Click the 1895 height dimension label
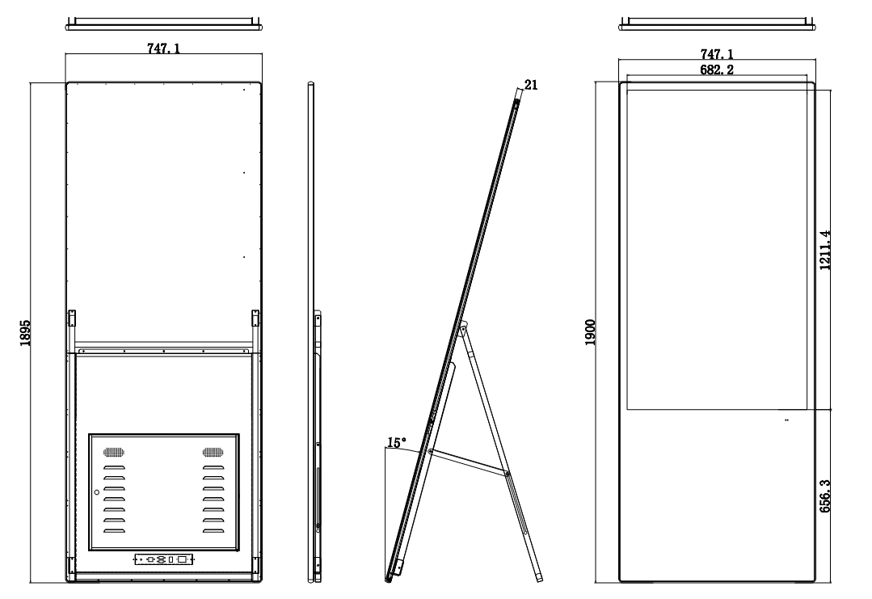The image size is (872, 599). tap(25, 333)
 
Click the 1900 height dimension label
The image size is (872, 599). tap(590, 332)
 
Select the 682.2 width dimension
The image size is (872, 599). tap(717, 70)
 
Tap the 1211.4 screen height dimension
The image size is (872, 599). tap(825, 251)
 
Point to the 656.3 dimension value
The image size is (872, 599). tap(825, 496)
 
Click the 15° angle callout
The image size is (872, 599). tap(396, 443)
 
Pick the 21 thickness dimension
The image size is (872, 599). tap(531, 85)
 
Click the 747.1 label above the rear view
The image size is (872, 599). tap(163, 49)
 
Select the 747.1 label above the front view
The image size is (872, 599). tap(717, 54)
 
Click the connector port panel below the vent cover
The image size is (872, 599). tap(164, 559)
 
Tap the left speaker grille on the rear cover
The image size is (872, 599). tap(113, 452)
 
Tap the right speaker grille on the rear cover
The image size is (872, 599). tap(213, 452)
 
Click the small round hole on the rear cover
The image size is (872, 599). tap(96, 492)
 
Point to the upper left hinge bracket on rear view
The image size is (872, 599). tap(72, 319)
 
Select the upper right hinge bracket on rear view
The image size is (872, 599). tap(255, 319)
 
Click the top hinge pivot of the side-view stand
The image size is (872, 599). tap(462, 330)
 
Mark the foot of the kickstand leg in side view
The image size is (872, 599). tap(539, 579)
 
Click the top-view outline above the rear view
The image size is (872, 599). tap(163, 24)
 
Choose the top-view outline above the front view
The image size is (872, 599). tap(717, 24)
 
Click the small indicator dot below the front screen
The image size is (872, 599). tap(786, 420)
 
